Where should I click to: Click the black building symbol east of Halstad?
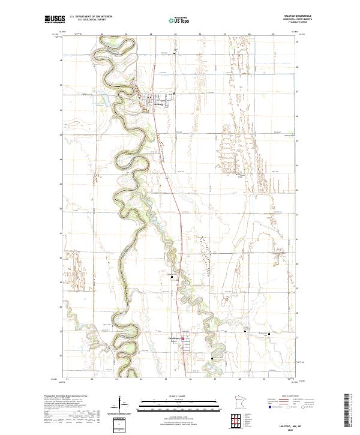point(174,94)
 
